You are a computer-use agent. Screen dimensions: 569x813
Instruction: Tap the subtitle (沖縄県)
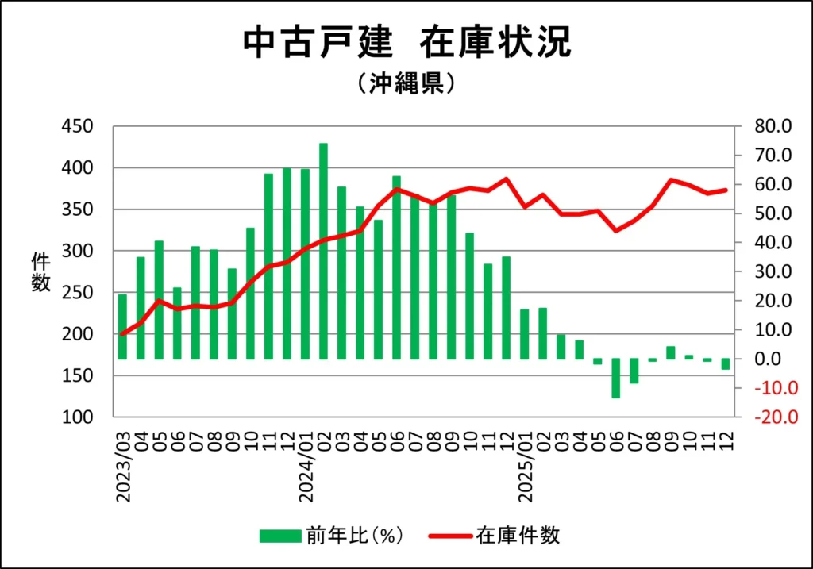(x=406, y=83)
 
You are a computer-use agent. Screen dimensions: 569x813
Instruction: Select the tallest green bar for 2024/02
(x=323, y=251)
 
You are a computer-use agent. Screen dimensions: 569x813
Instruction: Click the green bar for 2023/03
(x=122, y=326)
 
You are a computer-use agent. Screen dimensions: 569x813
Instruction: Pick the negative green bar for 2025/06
(x=615, y=378)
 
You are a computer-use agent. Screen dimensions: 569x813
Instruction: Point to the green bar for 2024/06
(x=396, y=267)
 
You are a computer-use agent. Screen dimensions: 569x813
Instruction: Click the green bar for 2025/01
(x=524, y=334)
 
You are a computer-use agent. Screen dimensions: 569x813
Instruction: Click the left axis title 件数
(x=40, y=272)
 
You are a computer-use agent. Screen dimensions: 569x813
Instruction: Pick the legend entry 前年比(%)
(x=333, y=535)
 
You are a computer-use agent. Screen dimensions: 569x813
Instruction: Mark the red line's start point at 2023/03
(x=122, y=334)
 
